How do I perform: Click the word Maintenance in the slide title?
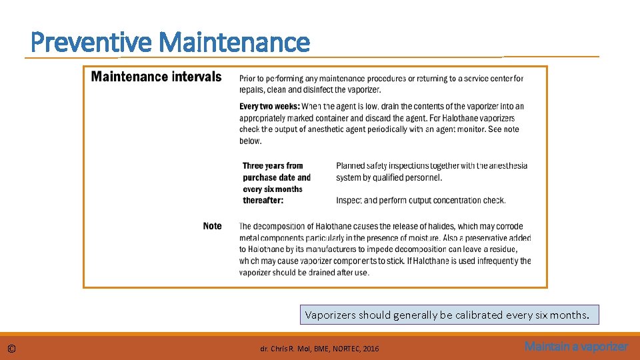(x=235, y=43)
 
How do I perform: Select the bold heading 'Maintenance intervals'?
(x=156, y=77)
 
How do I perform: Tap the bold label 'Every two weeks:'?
(x=269, y=106)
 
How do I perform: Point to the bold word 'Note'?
(x=212, y=226)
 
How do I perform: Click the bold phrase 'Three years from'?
(x=273, y=165)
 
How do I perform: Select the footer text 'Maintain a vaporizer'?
(x=576, y=347)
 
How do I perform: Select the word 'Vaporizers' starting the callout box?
(x=330, y=315)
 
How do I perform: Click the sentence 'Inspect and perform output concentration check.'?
(x=421, y=200)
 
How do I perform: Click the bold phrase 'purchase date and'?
(x=277, y=177)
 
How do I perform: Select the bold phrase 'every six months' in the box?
(x=273, y=189)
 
